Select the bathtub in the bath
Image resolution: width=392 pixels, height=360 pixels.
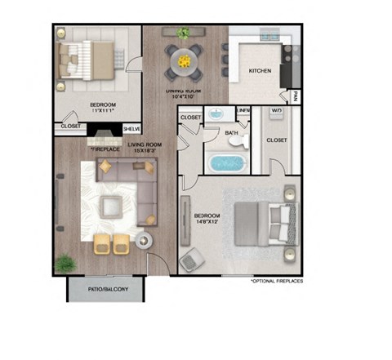pyautogui.click(x=229, y=162)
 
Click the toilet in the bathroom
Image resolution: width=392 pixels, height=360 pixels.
pyautogui.click(x=237, y=141)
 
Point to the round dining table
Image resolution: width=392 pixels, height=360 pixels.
pyautogui.click(x=184, y=59)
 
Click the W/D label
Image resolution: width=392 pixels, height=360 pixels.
pyautogui.click(x=278, y=110)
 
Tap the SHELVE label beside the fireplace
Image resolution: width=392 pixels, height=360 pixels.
pyautogui.click(x=131, y=129)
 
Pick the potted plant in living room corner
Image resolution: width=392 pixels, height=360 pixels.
pyautogui.click(x=65, y=264)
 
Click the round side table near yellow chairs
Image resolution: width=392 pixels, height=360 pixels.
pyautogui.click(x=145, y=242)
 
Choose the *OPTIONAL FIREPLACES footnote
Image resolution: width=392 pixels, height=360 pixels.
pyautogui.click(x=278, y=280)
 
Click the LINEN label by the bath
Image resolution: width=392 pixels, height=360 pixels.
pyautogui.click(x=243, y=110)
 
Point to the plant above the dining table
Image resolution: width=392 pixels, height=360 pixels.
pyautogui.click(x=184, y=33)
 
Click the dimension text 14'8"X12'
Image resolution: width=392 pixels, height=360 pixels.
pyautogui.click(x=208, y=224)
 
